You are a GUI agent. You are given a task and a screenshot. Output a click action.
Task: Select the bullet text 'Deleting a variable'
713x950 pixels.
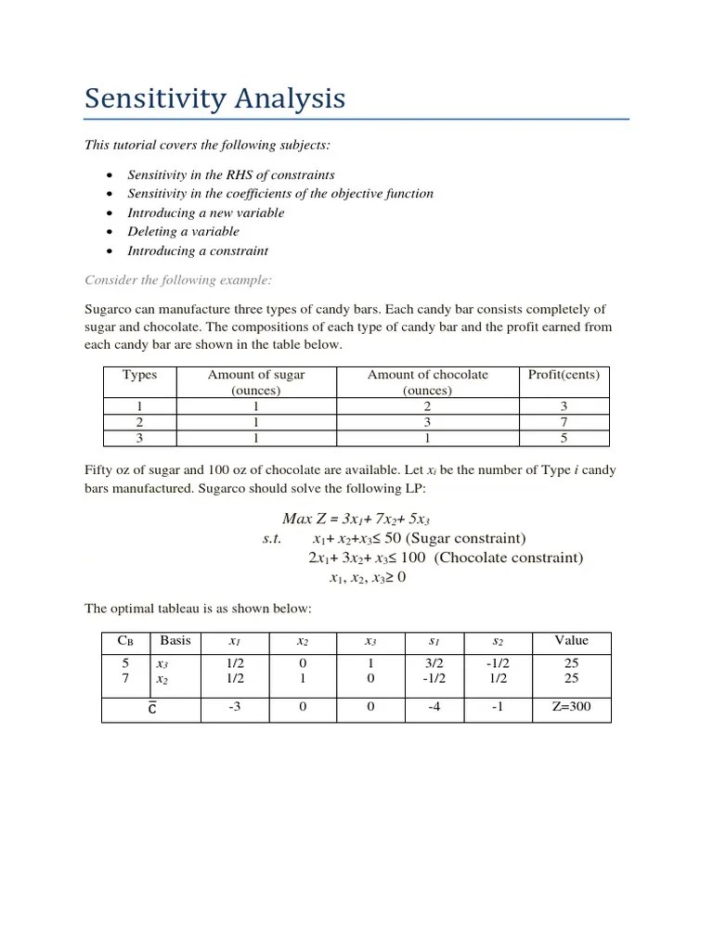tap(183, 231)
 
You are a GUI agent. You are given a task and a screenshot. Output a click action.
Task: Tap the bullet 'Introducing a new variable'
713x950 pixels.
tap(205, 212)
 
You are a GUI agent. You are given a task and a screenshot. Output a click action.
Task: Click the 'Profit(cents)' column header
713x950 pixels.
tap(564, 375)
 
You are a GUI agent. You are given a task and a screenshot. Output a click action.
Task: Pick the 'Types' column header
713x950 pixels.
tap(140, 375)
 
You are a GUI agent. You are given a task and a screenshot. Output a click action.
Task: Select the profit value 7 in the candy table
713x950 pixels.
tap(564, 421)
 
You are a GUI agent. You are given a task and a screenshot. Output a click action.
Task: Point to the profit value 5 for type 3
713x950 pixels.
tap(564, 437)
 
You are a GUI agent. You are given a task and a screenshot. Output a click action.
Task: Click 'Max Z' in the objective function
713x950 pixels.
tap(298, 518)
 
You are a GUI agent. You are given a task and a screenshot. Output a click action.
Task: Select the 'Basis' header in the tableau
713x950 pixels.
tap(175, 640)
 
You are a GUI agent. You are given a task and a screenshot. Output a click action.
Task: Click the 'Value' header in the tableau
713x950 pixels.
tap(571, 640)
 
